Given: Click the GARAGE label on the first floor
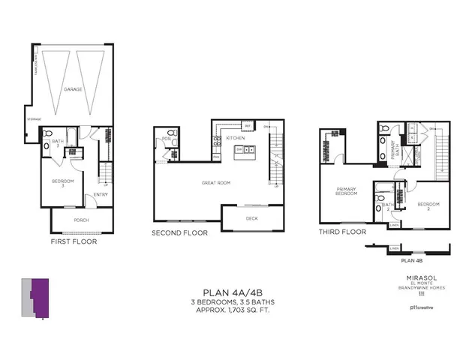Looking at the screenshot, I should [73, 89].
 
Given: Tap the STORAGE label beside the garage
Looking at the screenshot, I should [34, 119].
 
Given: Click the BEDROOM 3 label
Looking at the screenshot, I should [62, 183].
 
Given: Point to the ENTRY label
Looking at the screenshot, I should [101, 196].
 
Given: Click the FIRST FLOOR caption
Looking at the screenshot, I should [73, 241].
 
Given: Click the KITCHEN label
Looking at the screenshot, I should [234, 139].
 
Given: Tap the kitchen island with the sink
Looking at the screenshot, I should [245, 151].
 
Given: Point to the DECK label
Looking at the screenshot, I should [252, 217].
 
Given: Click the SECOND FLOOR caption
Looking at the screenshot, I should [180, 232].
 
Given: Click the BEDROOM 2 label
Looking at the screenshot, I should [427, 204].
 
